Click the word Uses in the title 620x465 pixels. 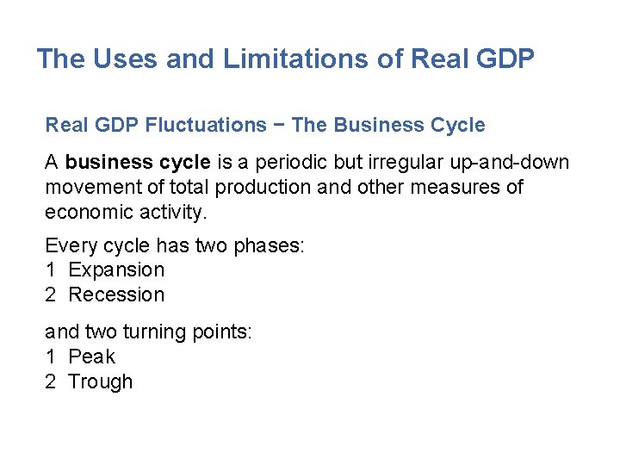point(121,59)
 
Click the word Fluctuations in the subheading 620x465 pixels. point(206,126)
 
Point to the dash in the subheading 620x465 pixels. point(279,126)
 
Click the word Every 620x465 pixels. point(71,245)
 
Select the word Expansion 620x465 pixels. point(116,270)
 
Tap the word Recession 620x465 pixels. point(116,294)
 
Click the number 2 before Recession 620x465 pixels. point(50,294)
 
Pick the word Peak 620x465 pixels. point(91,356)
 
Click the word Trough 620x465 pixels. point(101,381)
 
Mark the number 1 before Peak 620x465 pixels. point(50,356)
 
